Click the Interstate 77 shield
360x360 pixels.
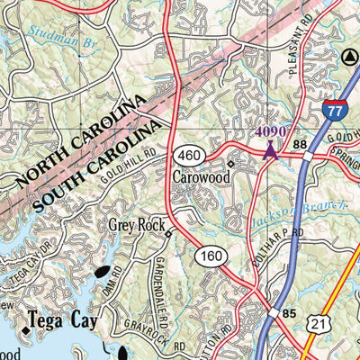(332, 111)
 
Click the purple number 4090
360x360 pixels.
(270, 131)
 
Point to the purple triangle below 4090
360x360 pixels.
(270, 148)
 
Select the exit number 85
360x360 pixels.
(288, 313)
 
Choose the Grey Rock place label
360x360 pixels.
(135, 225)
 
